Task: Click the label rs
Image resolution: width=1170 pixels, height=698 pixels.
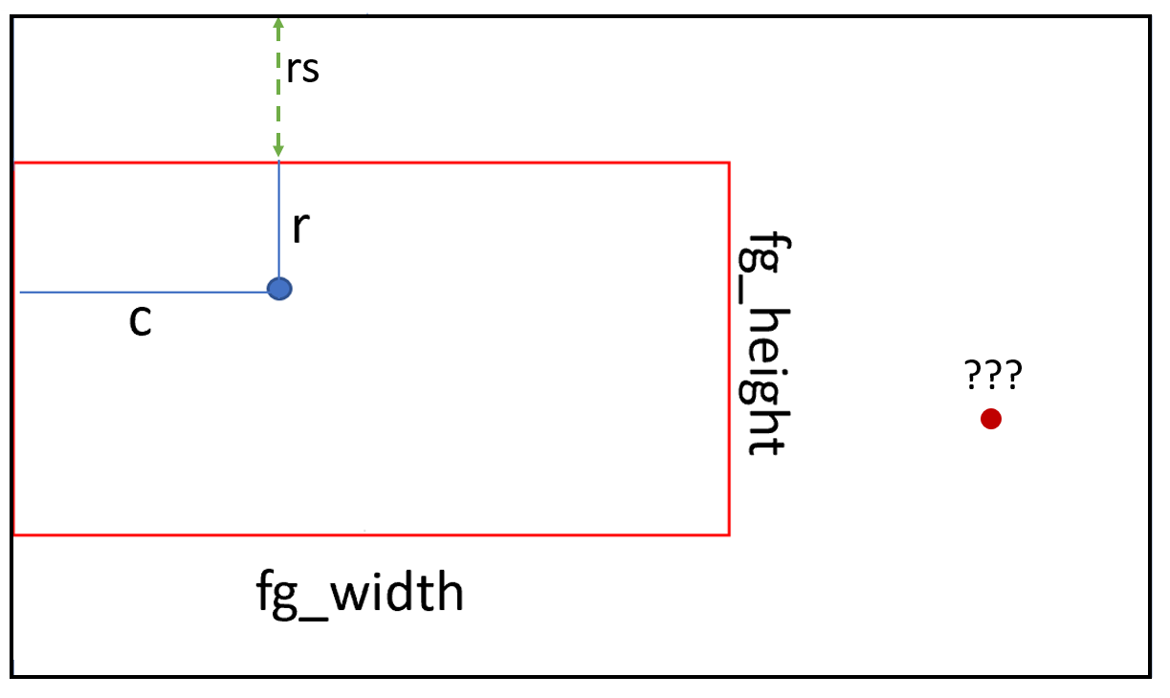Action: [303, 70]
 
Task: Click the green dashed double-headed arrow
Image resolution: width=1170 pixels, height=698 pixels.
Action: [278, 87]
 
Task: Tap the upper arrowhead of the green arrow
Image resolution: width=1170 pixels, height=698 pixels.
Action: [278, 22]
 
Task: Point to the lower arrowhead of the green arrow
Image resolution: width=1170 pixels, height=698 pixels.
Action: [278, 151]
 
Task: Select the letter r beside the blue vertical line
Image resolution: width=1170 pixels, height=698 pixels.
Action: [301, 228]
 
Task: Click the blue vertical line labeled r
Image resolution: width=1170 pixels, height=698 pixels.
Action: [279, 220]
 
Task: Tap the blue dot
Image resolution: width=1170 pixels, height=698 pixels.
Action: [279, 289]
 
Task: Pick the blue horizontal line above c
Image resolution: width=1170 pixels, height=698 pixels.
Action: [143, 293]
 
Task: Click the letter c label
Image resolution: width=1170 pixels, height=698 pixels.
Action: [140, 320]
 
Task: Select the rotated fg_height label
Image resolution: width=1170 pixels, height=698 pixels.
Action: [764, 344]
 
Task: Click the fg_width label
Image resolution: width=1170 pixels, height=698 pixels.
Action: [360, 594]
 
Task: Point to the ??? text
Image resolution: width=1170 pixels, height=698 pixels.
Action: [992, 374]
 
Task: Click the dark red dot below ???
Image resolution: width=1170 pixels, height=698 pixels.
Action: [991, 419]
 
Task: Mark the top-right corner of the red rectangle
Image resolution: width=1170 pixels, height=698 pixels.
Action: [729, 164]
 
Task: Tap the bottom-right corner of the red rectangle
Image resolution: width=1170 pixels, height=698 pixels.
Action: [729, 534]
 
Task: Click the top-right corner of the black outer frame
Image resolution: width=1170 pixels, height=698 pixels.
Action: [1150, 17]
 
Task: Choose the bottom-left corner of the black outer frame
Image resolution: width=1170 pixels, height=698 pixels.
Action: [12, 677]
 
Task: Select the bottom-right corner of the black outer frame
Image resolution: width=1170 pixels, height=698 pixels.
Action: [1150, 677]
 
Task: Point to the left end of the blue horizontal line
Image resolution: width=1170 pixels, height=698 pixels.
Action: [20, 293]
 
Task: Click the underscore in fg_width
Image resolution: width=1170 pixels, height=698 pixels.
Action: [314, 619]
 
